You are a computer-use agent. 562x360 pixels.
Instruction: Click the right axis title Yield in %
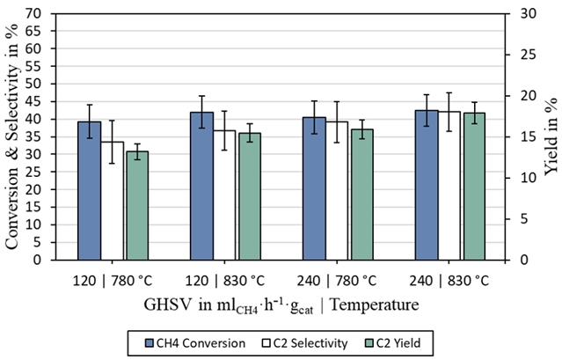click(x=552, y=136)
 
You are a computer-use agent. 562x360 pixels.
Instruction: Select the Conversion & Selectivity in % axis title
click(x=12, y=136)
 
